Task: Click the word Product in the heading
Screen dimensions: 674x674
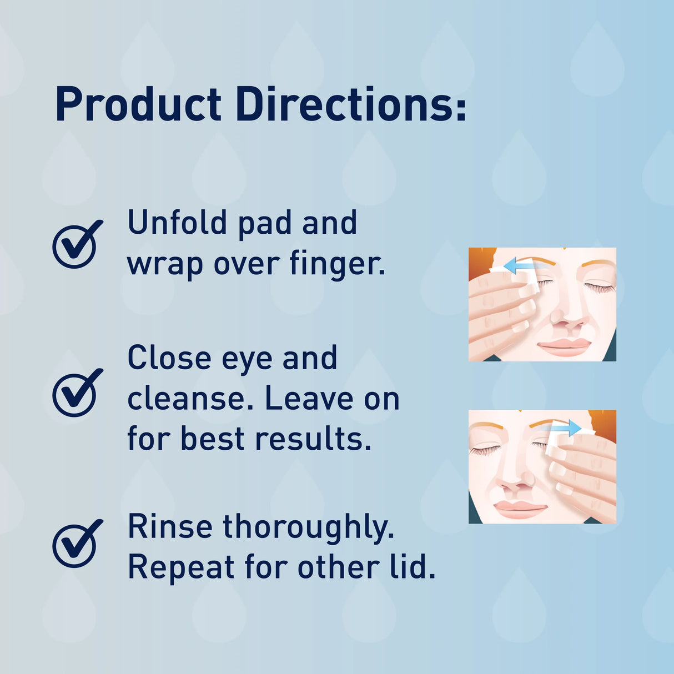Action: [x=138, y=104]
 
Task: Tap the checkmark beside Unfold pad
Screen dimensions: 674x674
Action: [x=77, y=244]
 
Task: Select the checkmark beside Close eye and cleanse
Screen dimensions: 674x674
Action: [x=77, y=393]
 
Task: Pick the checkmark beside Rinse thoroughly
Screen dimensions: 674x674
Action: [x=77, y=544]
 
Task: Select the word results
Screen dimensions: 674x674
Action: [x=313, y=439]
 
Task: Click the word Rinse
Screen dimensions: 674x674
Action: [x=170, y=526]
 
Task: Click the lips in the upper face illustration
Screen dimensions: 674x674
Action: [x=564, y=345]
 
